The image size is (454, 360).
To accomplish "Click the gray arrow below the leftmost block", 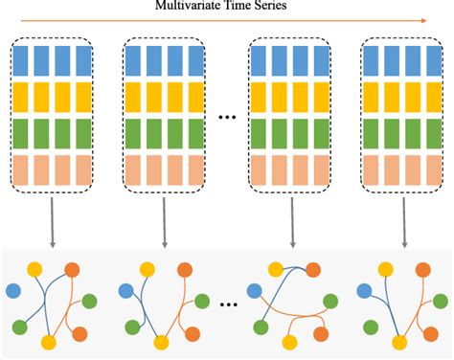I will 53,222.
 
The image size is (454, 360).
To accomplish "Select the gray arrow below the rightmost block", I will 399,222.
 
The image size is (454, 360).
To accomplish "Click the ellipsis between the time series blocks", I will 228,118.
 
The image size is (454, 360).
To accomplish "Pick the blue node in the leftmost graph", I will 14,288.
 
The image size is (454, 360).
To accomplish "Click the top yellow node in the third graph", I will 284,269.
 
